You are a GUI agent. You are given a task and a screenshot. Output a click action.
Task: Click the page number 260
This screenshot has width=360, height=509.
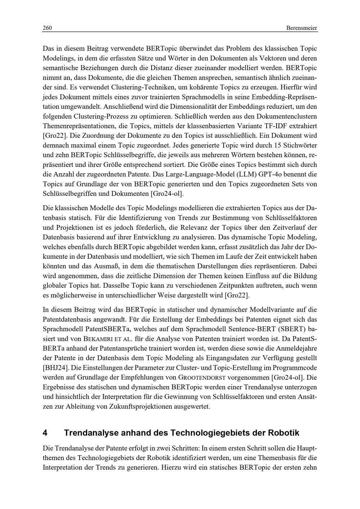[x=48, y=28]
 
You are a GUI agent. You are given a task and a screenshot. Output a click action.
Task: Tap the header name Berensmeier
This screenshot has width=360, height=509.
[x=302, y=28]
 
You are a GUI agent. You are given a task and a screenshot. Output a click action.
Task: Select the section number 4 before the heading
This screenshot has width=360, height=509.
[x=45, y=432]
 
